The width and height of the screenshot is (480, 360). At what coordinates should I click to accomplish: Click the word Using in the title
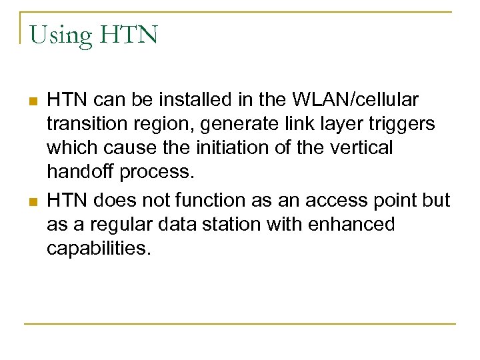coord(61,35)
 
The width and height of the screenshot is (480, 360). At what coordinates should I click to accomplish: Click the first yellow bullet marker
coord(31,101)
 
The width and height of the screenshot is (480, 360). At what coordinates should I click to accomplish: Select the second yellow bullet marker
coord(31,201)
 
